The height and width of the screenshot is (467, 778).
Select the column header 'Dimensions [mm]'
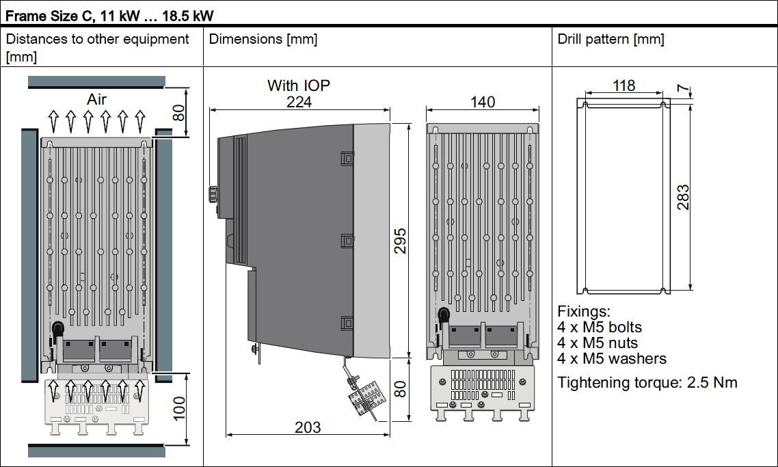click(x=263, y=39)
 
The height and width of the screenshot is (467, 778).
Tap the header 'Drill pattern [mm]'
click(x=611, y=39)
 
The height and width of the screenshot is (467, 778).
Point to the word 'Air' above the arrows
click(x=97, y=100)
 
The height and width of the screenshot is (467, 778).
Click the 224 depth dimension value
click(x=299, y=101)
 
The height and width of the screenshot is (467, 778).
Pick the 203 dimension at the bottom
click(x=308, y=427)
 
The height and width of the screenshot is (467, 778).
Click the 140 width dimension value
click(x=483, y=102)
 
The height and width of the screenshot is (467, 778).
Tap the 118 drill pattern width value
click(x=623, y=86)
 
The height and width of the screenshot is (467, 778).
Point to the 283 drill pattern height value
click(x=682, y=197)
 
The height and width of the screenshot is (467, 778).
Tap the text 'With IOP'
click(x=299, y=85)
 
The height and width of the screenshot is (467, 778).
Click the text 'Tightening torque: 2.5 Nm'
click(x=647, y=382)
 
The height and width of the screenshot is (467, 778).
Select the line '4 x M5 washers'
click(x=612, y=358)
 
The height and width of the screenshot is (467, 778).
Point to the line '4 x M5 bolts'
click(x=600, y=327)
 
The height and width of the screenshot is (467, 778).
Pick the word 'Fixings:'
click(x=583, y=311)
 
